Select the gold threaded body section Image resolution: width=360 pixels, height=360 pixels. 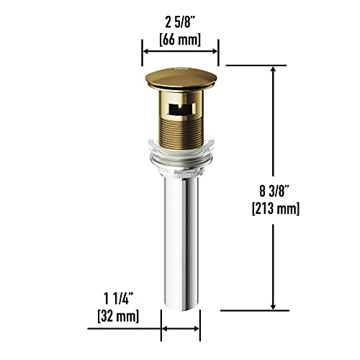point(179,133)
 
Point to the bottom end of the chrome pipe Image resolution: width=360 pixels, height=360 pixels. point(180,308)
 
